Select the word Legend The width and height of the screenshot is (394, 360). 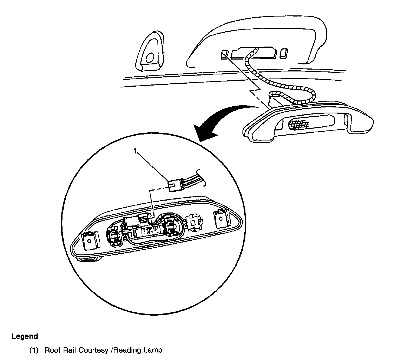coord(25,336)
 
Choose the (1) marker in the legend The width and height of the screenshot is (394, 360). coord(34,350)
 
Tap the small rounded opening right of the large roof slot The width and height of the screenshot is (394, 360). coord(283,53)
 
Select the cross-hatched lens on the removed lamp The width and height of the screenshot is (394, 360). coord(299,124)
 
